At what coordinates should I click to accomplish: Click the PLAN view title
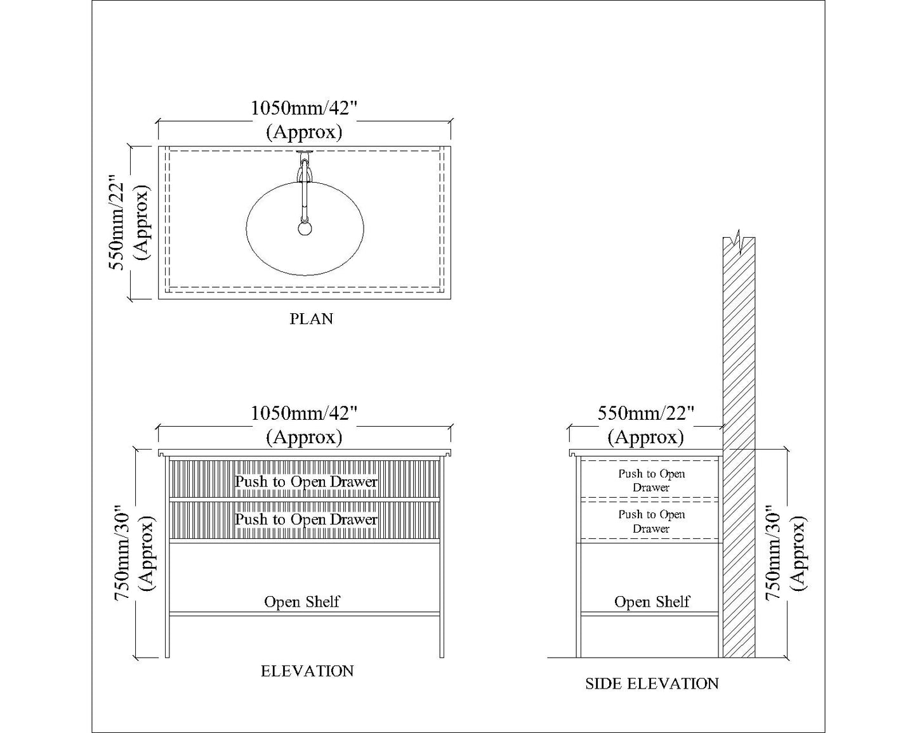[x=311, y=318]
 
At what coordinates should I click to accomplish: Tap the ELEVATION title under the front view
[x=307, y=671]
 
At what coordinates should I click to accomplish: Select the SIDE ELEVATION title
[x=652, y=684]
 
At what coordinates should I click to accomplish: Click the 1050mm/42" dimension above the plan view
[x=305, y=108]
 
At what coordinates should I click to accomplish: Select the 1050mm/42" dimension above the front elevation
[x=305, y=413]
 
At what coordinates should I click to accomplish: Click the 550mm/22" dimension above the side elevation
[x=646, y=413]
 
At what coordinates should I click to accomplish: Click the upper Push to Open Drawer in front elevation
[x=306, y=482]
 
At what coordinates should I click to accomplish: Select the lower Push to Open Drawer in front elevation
[x=306, y=519]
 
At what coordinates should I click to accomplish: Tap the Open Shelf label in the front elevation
[x=302, y=601]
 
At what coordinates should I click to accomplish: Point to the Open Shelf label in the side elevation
[x=652, y=601]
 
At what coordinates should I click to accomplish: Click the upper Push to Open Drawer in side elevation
[x=652, y=481]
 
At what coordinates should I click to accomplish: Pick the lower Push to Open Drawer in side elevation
[x=652, y=521]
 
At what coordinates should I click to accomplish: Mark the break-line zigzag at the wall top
[x=738, y=240]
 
